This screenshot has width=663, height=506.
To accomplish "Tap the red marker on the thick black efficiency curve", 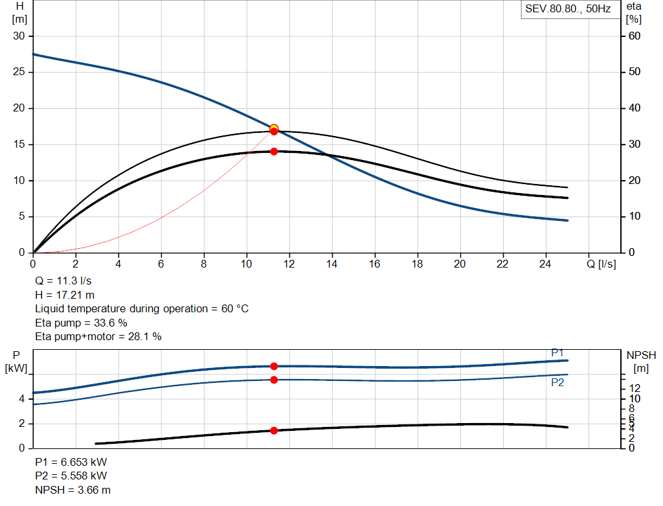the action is [x=274, y=152].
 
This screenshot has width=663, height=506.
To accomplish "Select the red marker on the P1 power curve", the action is [x=274, y=366].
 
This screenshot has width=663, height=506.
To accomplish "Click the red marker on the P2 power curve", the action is [x=274, y=380].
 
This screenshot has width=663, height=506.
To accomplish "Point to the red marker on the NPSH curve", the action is [x=274, y=430].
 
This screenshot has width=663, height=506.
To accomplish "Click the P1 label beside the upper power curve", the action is [x=557, y=353].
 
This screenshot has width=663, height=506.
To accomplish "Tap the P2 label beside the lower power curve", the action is [x=557, y=382].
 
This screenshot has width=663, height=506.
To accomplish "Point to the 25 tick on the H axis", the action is [x=19, y=71].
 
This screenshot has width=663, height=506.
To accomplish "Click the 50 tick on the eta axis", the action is [x=635, y=71].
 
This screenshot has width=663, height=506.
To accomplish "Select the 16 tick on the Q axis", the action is [x=375, y=264].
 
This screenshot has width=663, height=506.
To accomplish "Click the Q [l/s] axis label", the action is [x=601, y=264].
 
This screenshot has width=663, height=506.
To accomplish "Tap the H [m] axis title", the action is [x=19, y=13].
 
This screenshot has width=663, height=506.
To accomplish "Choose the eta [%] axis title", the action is [x=634, y=13].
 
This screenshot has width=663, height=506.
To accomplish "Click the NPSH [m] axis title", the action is [x=641, y=362].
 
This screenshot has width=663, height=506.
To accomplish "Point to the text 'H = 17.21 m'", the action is [x=65, y=295].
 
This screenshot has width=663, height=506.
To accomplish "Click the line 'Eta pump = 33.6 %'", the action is [x=81, y=323].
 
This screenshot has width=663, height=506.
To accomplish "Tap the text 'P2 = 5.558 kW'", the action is [x=71, y=476].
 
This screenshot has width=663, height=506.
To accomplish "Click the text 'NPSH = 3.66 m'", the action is [x=73, y=490].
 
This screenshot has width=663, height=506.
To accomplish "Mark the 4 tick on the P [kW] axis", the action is [x=22, y=399].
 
